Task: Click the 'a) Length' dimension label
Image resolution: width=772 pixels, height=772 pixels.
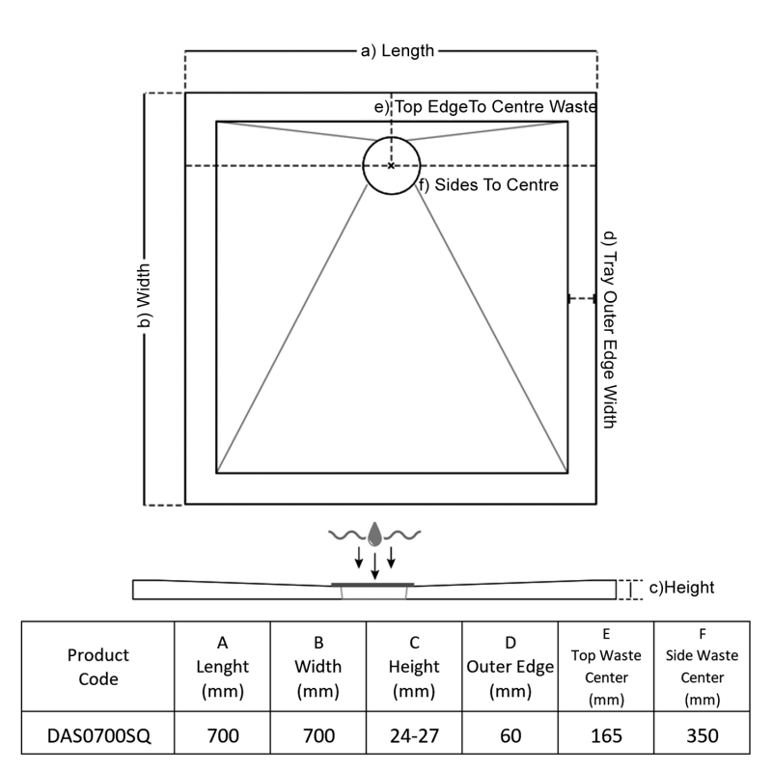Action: coord(398,51)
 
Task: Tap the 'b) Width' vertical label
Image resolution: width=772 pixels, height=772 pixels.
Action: coord(144,295)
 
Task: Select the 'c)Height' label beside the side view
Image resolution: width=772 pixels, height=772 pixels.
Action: coord(681,588)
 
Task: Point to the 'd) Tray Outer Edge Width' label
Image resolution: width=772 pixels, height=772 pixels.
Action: coord(610,330)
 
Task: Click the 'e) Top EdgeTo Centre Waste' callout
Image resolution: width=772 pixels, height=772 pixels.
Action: coord(485,106)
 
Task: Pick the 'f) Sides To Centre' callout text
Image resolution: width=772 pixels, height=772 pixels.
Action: coord(489,185)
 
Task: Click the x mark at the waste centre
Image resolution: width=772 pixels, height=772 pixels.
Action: coord(391,166)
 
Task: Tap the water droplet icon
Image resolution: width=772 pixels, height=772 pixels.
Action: coord(374,535)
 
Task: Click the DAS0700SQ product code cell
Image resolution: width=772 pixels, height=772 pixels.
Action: coord(98,735)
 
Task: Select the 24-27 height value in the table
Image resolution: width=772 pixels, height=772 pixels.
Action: coord(414,735)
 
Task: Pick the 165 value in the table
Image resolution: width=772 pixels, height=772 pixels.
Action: coord(606,735)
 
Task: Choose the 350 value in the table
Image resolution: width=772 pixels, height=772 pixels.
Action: coord(703,735)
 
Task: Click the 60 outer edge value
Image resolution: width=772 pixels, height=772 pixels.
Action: coord(510,735)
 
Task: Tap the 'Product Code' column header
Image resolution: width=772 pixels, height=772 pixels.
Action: coord(98,667)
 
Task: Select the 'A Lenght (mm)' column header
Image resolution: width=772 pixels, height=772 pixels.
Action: coord(223,667)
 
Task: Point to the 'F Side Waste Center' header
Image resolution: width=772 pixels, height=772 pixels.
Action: coord(703,667)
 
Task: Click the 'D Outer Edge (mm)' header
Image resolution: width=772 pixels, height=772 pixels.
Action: coord(510,667)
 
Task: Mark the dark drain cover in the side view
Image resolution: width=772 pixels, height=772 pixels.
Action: coord(372,585)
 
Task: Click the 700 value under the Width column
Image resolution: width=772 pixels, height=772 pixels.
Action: coord(318,735)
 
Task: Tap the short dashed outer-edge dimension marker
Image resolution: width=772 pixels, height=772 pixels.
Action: coord(582,298)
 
